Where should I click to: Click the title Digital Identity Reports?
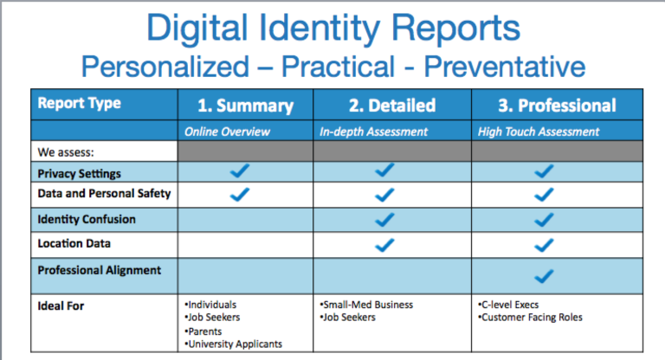click(332, 28)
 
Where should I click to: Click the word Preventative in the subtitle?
click(495, 66)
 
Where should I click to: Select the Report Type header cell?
click(79, 104)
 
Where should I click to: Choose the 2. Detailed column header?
click(392, 106)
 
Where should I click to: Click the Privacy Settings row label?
click(79, 173)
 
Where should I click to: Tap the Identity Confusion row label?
click(86, 220)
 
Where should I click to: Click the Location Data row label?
click(74, 244)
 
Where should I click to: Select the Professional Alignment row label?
click(99, 270)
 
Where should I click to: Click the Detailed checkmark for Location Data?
click(384, 245)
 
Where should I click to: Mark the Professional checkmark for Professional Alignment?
click(544, 276)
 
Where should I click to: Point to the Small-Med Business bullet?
click(367, 305)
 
